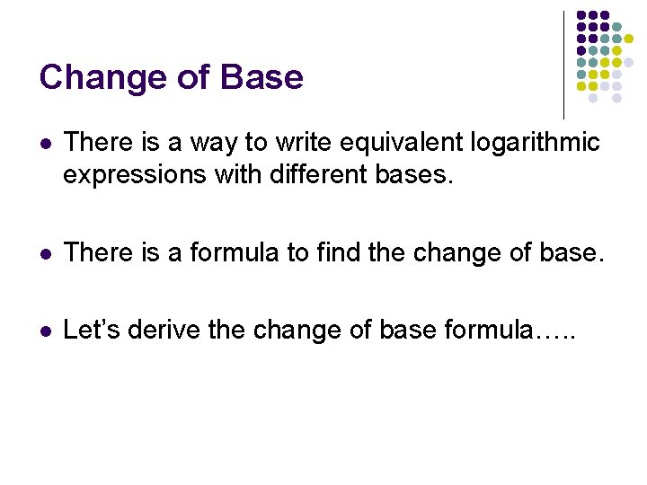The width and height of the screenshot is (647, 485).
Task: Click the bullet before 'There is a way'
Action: [x=46, y=144]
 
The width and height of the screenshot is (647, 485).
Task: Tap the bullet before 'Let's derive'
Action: [x=46, y=331]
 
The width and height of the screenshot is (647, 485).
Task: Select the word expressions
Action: [x=135, y=175]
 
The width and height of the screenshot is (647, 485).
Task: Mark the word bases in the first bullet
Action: [x=412, y=174]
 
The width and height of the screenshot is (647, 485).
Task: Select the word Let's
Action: [x=93, y=331]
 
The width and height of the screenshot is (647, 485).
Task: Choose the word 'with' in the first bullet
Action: [x=232, y=174]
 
